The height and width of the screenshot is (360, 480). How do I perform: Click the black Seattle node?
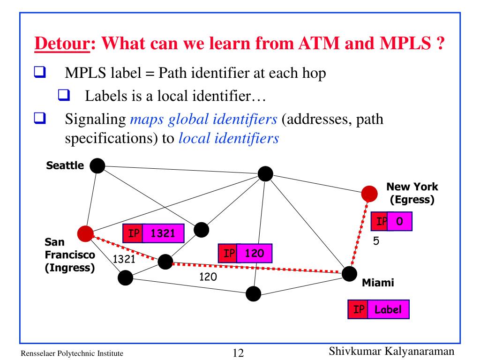tap(97, 165)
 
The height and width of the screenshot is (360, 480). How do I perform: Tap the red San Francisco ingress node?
tap(85, 233)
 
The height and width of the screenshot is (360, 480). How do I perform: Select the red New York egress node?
tap(369, 193)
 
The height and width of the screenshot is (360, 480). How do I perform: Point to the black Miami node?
tap(349, 273)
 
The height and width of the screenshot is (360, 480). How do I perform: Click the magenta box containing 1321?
tap(163, 233)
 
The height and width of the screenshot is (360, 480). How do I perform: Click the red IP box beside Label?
tap(358, 309)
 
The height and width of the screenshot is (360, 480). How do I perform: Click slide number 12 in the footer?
tap(239, 352)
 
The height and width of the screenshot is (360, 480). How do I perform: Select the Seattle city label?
tap(65, 165)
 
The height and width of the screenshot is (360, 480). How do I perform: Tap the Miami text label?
tap(377, 283)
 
